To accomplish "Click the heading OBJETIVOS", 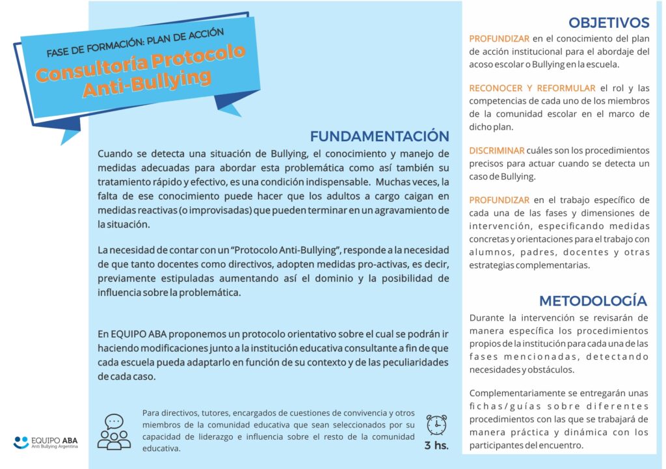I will click(608, 23).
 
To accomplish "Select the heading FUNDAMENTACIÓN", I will click(379, 136).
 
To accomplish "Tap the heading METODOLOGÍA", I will click(593, 301).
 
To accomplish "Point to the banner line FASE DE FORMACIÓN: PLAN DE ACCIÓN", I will click(135, 42).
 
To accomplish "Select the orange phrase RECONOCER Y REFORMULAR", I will click(532, 88).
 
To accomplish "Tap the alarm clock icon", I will click(436, 425).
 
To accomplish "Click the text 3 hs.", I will click(436, 446).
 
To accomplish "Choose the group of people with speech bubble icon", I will click(114, 432).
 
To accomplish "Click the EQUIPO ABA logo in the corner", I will click(49, 442).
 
